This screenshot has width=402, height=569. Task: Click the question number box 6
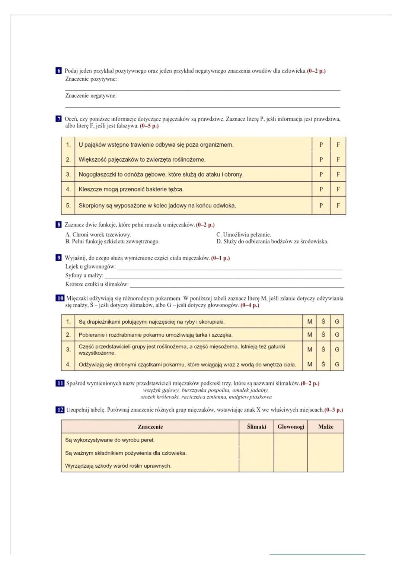tap(58, 71)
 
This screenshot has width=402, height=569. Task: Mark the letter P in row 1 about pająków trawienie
tap(321, 144)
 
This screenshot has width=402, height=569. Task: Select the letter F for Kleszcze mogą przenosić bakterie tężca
tap(338, 189)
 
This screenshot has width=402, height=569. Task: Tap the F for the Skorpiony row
tap(338, 206)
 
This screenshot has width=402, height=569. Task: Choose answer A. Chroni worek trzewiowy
tap(98, 235)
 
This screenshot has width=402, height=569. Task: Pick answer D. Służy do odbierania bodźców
tap(272, 241)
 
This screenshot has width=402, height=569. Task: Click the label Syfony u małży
tap(84, 276)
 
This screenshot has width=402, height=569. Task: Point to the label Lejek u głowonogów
tap(90, 267)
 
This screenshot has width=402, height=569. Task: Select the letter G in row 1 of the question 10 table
tap(337, 322)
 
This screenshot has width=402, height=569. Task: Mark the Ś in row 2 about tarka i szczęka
tap(323, 334)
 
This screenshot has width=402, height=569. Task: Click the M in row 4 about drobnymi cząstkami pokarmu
tap(309, 365)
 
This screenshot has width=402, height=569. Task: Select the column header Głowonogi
tap(291, 427)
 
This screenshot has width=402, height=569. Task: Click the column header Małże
tap(326, 427)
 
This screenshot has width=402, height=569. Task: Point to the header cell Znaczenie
tap(150, 427)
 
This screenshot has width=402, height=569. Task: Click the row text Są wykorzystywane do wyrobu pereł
tap(110, 440)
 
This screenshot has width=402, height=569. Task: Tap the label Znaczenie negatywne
tap(91, 96)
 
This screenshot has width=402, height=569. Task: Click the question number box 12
tap(60, 410)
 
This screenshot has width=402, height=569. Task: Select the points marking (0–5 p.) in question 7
tap(149, 126)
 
